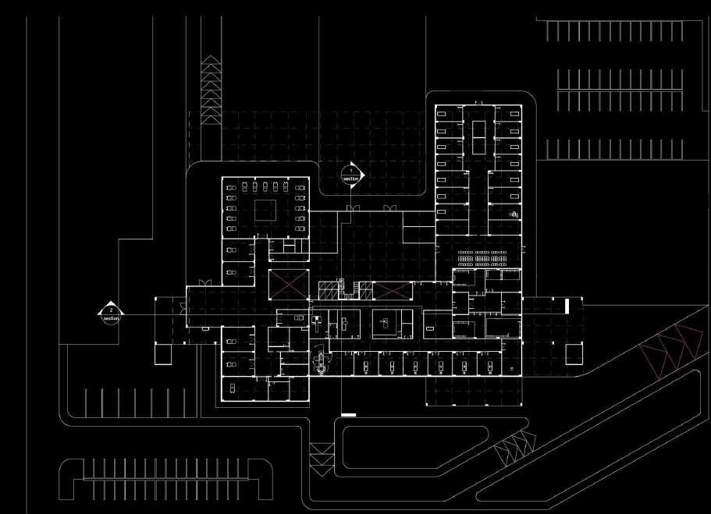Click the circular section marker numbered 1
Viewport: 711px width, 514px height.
[x=352, y=175]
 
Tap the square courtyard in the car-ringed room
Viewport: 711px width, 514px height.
[x=265, y=209]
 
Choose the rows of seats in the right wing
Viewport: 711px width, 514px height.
[x=482, y=257]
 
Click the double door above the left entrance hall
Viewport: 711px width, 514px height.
[x=204, y=282]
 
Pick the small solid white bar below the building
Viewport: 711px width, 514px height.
[x=348, y=414]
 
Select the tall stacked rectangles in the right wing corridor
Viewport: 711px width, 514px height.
[x=478, y=136]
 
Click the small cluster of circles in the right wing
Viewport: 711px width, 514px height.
[x=514, y=214]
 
